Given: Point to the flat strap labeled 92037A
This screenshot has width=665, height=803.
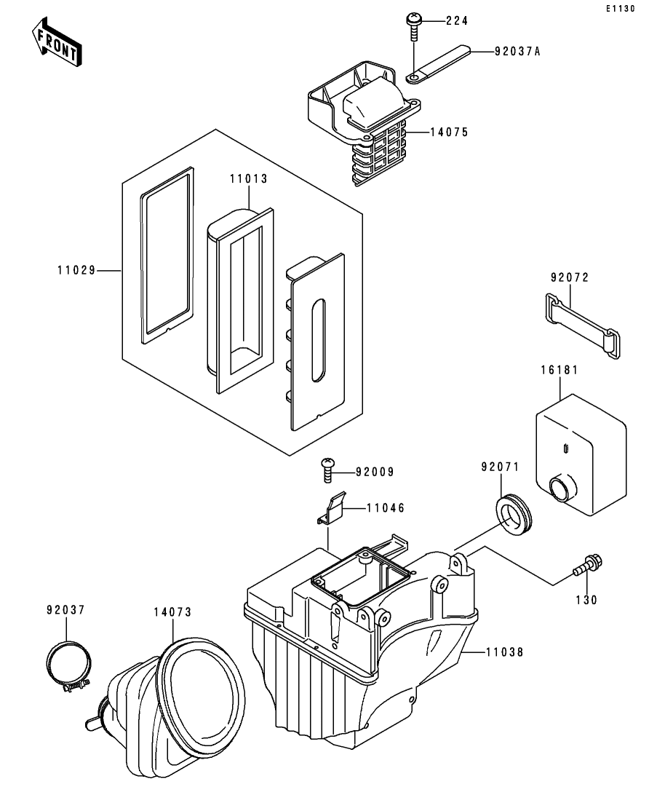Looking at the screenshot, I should tap(441, 64).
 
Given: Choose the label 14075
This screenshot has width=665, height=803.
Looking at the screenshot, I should tap(448, 132).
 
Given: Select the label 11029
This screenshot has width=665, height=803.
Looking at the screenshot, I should tap(76, 270).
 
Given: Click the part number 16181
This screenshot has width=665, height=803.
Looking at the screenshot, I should tap(560, 370).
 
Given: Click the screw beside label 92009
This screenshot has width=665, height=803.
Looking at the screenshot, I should tap(328, 470).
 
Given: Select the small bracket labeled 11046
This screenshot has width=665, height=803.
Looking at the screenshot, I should tap(332, 507).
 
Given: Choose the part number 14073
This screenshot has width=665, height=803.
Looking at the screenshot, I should tap(172, 612).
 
